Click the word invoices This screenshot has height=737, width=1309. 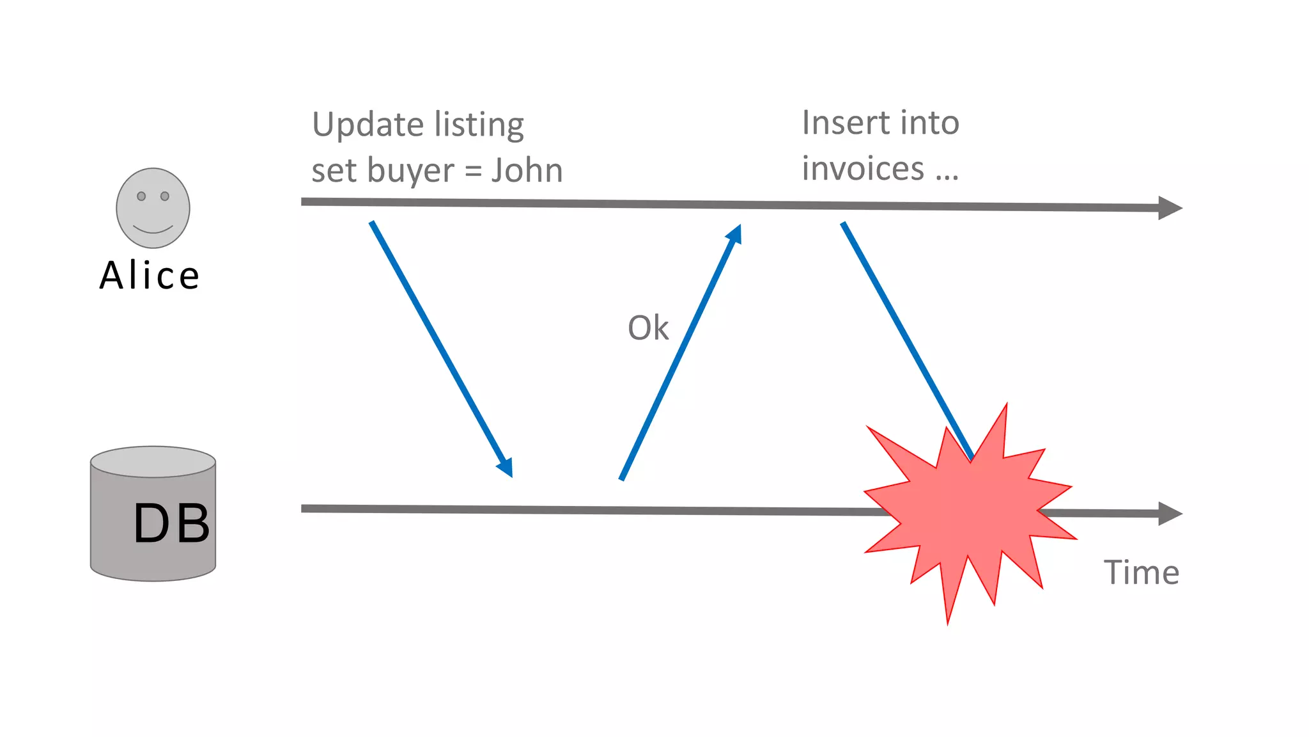coord(863,169)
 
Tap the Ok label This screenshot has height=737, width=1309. coord(647,328)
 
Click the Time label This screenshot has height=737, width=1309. coord(1141,572)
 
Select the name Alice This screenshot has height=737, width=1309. coord(150,276)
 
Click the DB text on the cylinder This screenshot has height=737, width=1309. coord(171,523)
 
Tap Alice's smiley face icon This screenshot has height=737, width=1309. coord(153,208)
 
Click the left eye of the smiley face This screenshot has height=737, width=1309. coord(141,196)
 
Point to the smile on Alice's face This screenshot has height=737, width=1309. coord(153,229)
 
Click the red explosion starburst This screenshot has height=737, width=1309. coord(968,512)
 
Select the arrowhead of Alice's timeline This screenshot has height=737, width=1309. coord(1170,208)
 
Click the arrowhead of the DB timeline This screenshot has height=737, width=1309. coord(1170,514)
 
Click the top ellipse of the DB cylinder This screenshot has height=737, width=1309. coord(153,461)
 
